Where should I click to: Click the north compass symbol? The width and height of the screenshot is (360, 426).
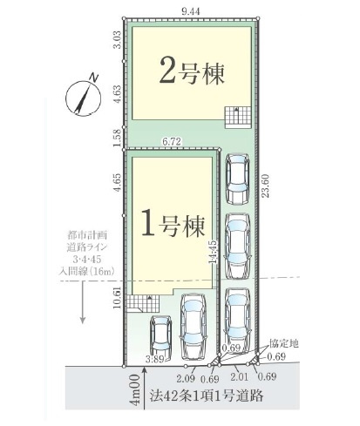85,93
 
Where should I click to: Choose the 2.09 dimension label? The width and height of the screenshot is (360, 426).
184,377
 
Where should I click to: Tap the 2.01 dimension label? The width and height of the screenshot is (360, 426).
236,377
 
